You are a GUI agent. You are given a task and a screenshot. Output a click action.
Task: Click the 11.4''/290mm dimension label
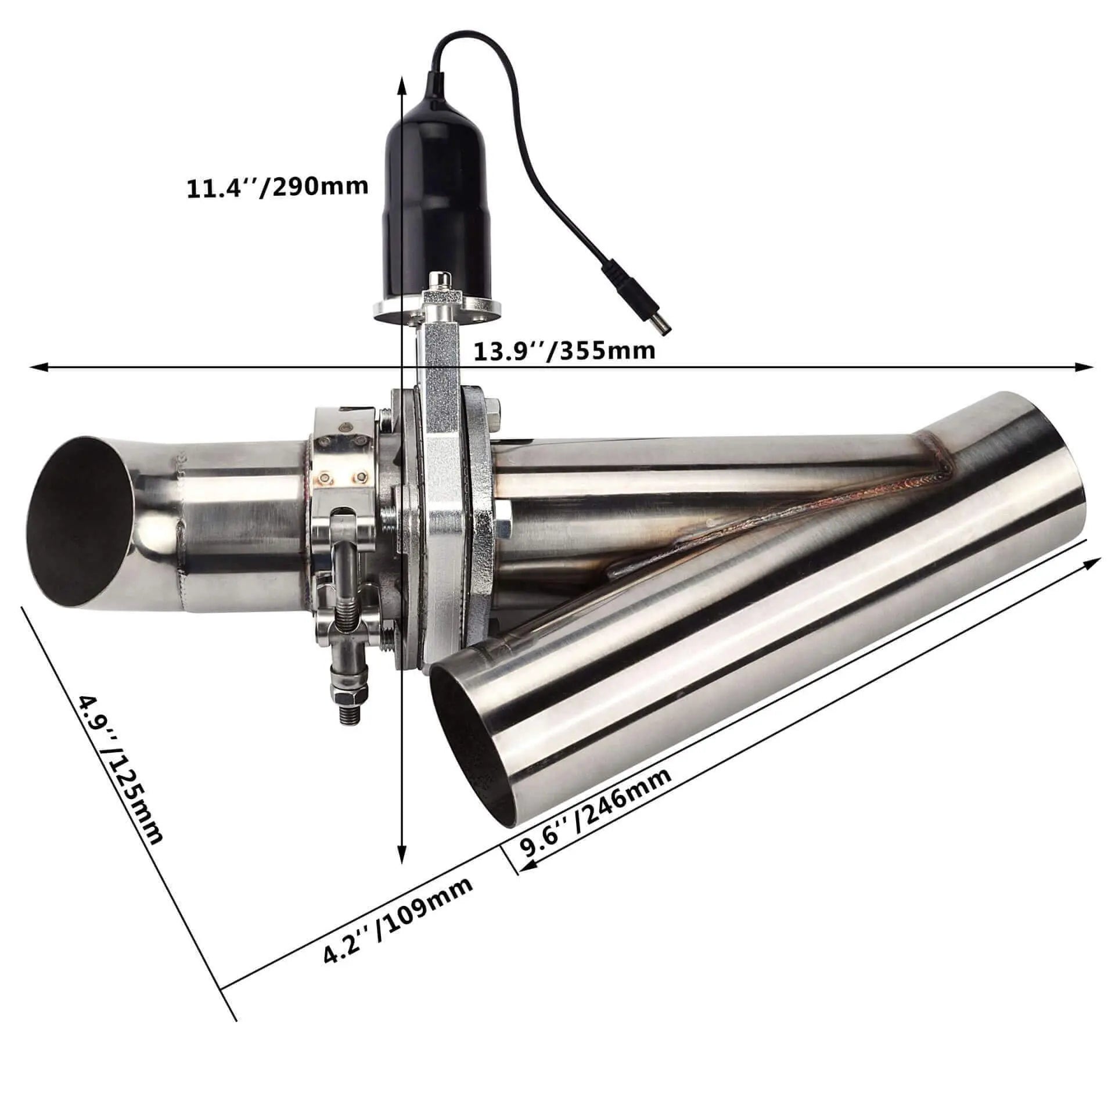click(277, 187)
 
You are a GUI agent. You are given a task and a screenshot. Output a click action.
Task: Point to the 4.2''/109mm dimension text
click(397, 929)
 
